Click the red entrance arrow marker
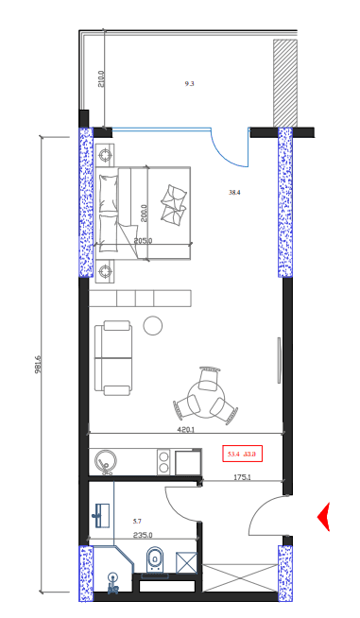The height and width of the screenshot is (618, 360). (323, 517)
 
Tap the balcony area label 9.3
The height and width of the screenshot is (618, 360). (189, 84)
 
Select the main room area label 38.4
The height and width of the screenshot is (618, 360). (234, 193)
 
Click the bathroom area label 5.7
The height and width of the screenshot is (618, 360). (137, 522)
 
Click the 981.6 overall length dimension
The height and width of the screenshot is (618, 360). (39, 365)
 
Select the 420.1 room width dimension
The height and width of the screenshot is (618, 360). (185, 430)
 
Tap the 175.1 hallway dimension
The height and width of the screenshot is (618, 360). (242, 478)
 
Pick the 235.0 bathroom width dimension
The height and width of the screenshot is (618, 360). (143, 535)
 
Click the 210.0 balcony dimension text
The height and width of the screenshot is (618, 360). (101, 77)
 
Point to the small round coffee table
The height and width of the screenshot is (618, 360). (152, 327)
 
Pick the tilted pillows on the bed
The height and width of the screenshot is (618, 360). (174, 204)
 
